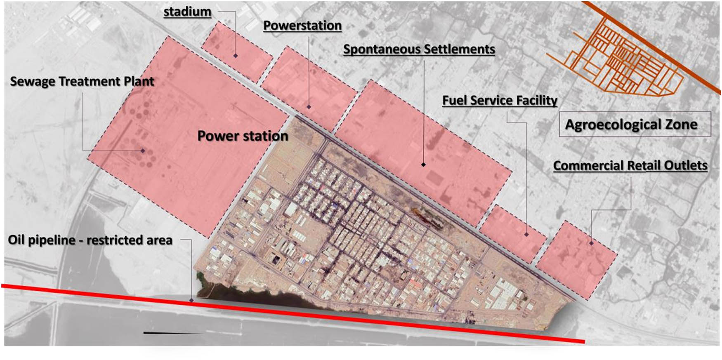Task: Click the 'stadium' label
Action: click(187, 12)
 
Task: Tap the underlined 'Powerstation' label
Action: click(302, 26)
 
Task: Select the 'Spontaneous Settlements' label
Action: click(419, 49)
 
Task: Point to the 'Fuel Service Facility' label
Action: click(500, 100)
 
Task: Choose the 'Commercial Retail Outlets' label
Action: click(630, 166)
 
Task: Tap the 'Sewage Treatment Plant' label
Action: click(82, 81)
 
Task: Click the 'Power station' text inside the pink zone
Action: click(243, 136)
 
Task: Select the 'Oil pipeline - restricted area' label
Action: click(90, 240)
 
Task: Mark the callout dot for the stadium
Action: click(236, 56)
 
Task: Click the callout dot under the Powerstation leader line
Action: click(309, 107)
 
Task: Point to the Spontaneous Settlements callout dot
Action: click(423, 165)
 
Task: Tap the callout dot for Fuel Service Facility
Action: click(526, 234)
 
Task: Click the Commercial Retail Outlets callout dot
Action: click(591, 243)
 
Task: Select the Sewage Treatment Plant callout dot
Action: click(143, 151)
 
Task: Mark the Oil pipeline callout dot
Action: click(191, 300)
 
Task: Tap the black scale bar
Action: click(173, 332)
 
